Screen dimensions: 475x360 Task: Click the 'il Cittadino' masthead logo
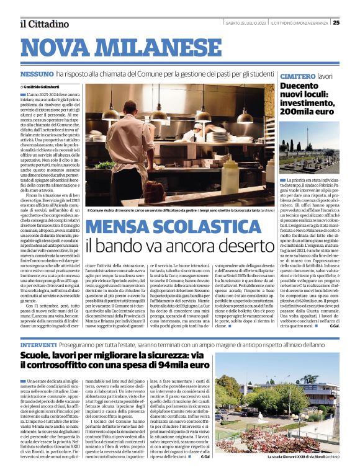point(44,24)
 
